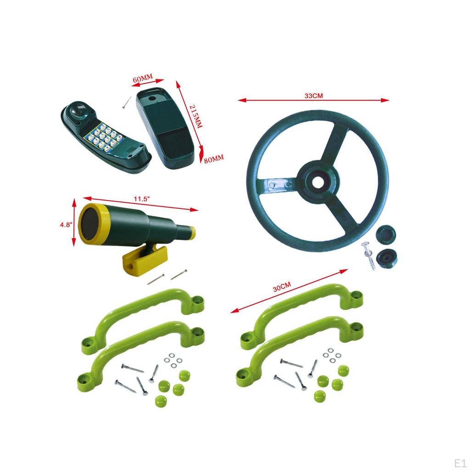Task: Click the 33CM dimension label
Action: coord(314,96)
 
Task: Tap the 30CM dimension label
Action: coord(282,288)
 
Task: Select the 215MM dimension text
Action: coord(195,115)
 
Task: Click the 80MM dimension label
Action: coord(213,158)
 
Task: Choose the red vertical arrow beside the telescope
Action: coord(74,222)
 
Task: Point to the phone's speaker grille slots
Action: coord(132,150)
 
